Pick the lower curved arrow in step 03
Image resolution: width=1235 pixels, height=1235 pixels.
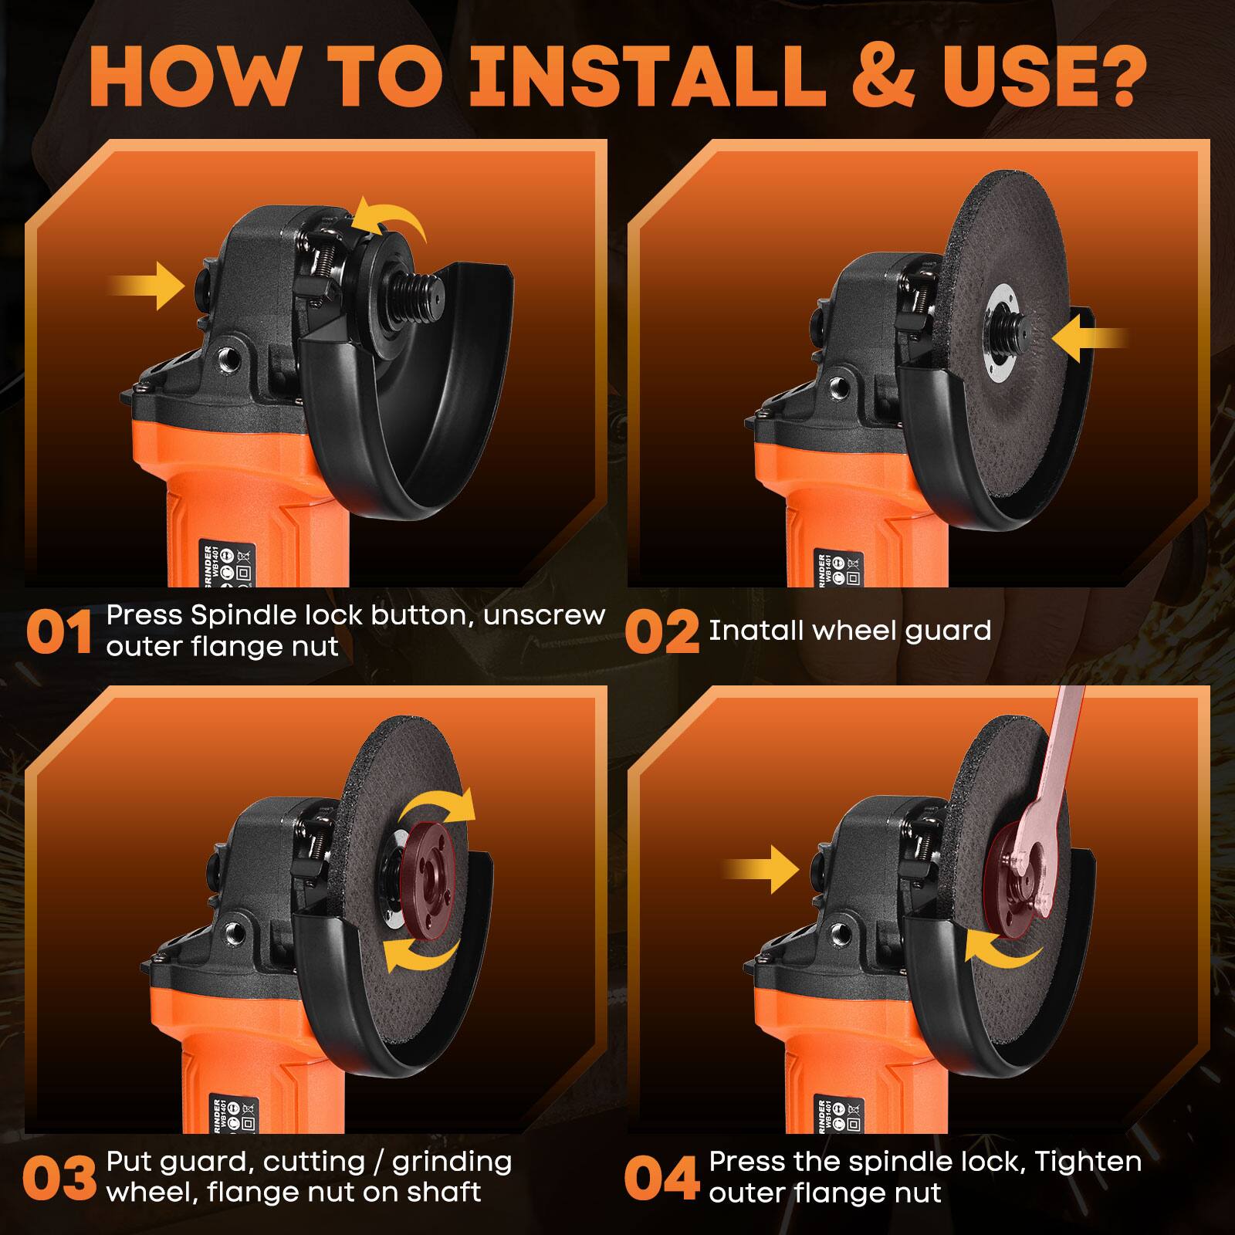point(421,949)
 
